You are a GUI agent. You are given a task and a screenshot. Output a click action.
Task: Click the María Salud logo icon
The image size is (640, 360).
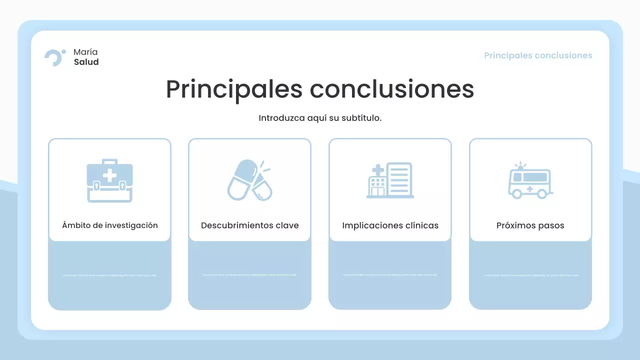[x=54, y=57]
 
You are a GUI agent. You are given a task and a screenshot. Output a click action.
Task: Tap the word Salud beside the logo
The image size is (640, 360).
[x=86, y=62]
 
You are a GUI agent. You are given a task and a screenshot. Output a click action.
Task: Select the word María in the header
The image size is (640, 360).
[x=85, y=52]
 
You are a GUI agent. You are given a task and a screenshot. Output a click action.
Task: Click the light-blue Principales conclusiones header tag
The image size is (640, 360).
[x=538, y=55]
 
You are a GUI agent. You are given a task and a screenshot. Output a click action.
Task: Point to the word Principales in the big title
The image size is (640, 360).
[x=234, y=89]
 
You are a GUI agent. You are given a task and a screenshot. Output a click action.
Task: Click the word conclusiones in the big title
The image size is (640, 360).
[x=392, y=89]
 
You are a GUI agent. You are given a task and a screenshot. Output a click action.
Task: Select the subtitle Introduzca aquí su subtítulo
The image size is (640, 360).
[x=320, y=118]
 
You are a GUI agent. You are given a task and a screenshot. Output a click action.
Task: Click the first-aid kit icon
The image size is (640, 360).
[x=109, y=180]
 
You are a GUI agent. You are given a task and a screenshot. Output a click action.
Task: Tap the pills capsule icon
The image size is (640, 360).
[x=249, y=180]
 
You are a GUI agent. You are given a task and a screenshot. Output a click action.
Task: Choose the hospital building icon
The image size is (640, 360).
[x=390, y=180]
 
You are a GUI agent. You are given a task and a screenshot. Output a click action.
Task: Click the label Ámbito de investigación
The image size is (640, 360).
[x=110, y=225]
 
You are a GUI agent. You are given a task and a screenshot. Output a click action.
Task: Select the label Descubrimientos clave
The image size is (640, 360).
[x=250, y=225]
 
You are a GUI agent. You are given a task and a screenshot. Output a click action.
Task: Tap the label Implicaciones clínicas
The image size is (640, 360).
[x=390, y=225]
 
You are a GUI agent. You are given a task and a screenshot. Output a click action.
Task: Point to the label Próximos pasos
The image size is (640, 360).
[x=530, y=225]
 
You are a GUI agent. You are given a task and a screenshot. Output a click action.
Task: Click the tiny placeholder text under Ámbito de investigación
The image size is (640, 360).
[x=109, y=275]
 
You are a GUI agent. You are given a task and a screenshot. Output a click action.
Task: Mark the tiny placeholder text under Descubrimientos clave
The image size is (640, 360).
[x=249, y=275]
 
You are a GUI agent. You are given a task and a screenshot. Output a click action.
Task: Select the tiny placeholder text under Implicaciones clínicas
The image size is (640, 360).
[x=390, y=275]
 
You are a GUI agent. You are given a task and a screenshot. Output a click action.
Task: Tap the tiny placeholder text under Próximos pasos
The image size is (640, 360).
[x=530, y=275]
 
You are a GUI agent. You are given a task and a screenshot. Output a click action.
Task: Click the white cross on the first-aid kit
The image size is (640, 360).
[x=109, y=175]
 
